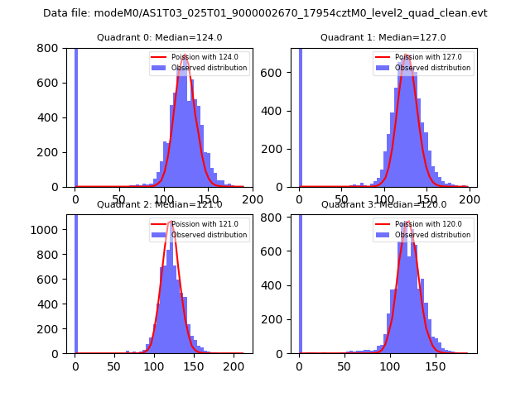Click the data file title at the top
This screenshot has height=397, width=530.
coord(265,13)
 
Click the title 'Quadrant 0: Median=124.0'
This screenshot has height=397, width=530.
coord(160,37)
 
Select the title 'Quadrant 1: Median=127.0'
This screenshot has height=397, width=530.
coord(383,37)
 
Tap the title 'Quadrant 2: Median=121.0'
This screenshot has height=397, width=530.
coord(160,204)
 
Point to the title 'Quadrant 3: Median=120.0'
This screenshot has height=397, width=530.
coord(383,204)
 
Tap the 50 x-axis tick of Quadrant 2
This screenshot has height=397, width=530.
coord(115,366)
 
